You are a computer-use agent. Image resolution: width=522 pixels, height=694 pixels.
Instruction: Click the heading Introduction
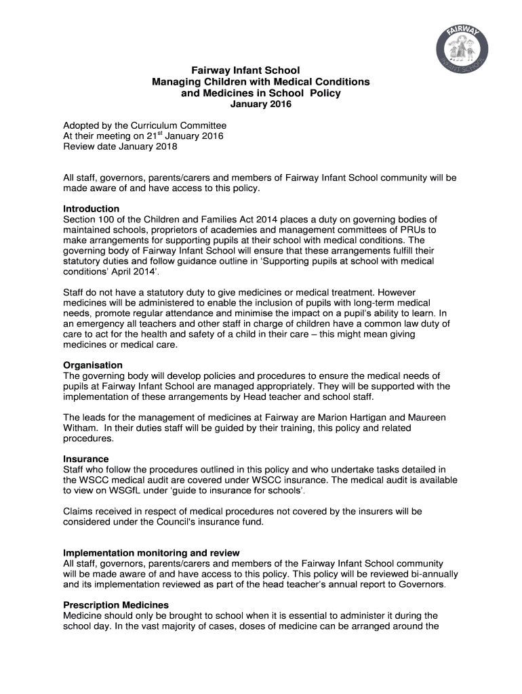(x=91, y=209)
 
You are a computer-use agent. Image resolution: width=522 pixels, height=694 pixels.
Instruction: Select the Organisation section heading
(x=93, y=365)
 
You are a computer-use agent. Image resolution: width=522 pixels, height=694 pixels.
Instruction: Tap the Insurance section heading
(x=85, y=459)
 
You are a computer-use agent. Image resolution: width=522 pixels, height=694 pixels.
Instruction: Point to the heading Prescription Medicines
(x=116, y=605)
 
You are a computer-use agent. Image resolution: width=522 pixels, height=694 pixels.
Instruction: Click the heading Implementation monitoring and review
(x=151, y=553)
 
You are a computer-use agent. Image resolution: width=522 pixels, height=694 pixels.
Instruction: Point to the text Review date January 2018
(x=120, y=146)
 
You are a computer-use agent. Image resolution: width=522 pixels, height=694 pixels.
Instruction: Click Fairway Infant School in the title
(x=245, y=70)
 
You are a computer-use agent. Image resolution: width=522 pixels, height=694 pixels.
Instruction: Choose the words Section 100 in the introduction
(x=89, y=219)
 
